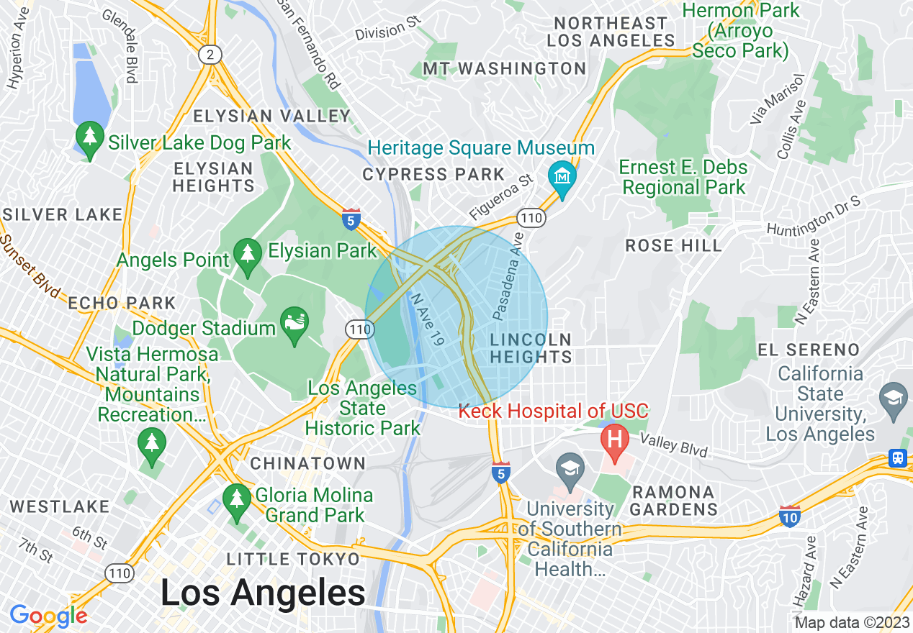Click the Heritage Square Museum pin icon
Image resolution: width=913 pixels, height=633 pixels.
pyautogui.click(x=562, y=175)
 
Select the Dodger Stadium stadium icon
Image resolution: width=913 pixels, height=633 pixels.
pyautogui.click(x=294, y=321)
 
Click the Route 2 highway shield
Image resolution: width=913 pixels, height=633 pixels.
pyautogui.click(x=210, y=55)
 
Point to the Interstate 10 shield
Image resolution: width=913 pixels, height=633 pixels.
pyautogui.click(x=789, y=515)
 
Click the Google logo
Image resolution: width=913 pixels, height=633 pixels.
pyautogui.click(x=48, y=616)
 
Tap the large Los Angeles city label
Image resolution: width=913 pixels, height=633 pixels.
pyautogui.click(x=263, y=593)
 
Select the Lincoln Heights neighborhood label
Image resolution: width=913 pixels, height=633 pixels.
pyautogui.click(x=531, y=347)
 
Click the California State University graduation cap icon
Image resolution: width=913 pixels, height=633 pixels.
pyautogui.click(x=894, y=396)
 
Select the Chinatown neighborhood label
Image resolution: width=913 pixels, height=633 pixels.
pyautogui.click(x=308, y=463)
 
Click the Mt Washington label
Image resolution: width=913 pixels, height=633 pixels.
pyautogui.click(x=504, y=68)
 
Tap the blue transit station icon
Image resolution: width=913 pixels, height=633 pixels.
pyautogui.click(x=898, y=458)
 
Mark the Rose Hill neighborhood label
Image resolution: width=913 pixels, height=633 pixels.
pyautogui.click(x=673, y=245)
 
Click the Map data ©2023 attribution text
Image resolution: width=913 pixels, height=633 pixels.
pyautogui.click(x=852, y=622)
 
